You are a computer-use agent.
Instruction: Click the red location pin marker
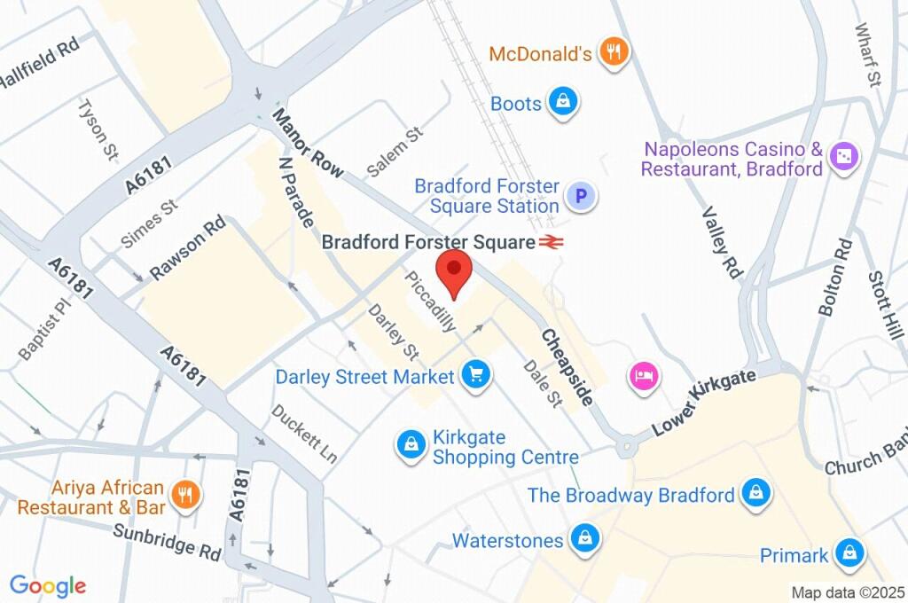(455, 270)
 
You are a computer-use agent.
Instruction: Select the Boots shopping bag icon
(562, 103)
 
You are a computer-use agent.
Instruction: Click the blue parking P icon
(582, 197)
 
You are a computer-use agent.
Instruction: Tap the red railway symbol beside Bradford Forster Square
(552, 241)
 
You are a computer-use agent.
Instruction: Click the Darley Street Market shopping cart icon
(476, 376)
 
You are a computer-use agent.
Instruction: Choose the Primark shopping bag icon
(849, 554)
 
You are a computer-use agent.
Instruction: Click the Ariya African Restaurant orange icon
(186, 496)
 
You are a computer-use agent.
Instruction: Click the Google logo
(48, 586)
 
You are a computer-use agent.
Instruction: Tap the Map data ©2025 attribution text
(848, 591)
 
